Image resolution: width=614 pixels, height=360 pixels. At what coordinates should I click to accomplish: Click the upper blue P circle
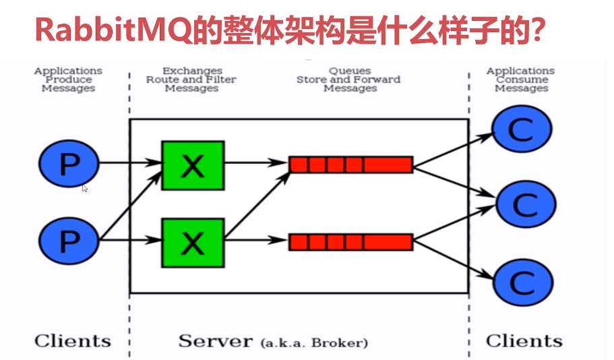click(x=68, y=164)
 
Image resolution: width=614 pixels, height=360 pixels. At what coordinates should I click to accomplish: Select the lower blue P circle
click(x=68, y=239)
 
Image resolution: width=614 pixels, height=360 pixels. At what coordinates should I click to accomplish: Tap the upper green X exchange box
click(x=193, y=165)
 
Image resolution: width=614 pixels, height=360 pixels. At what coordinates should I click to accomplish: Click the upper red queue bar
click(x=350, y=164)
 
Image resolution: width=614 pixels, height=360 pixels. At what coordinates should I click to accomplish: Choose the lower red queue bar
click(x=350, y=241)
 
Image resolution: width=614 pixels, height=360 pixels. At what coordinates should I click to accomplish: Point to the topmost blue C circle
click(x=521, y=129)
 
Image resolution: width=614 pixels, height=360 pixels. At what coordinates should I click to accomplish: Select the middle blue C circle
click(x=526, y=203)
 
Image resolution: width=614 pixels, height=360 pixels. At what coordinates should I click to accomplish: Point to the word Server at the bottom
click(x=216, y=340)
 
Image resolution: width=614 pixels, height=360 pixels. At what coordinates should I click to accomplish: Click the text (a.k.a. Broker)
click(x=314, y=342)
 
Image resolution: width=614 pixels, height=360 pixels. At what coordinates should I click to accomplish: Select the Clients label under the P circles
click(x=72, y=340)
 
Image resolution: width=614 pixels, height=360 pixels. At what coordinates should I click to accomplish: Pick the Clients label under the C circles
click(x=524, y=340)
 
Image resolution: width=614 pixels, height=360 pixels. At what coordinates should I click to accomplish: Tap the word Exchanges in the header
click(x=192, y=71)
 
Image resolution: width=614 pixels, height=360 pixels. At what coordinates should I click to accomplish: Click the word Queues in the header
click(x=350, y=71)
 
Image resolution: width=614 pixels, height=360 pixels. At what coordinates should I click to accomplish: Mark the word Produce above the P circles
click(x=68, y=80)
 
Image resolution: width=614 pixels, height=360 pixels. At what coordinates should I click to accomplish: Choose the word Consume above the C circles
click(x=521, y=80)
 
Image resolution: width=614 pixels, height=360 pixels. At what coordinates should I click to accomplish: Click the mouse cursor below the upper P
click(x=85, y=189)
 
